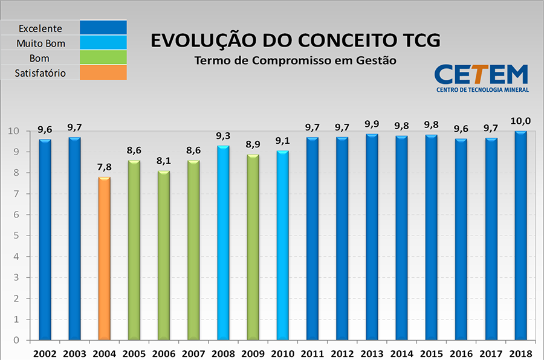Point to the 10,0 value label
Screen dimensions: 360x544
520,121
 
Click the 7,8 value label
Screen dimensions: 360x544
104,167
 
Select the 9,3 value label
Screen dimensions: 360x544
223,136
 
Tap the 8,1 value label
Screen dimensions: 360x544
164,161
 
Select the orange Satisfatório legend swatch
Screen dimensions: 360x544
103,73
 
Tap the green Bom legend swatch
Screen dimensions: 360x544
103,58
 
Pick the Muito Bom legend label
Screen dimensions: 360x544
40,43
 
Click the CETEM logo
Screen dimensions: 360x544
482,78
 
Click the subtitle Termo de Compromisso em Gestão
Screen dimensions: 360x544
296,61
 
